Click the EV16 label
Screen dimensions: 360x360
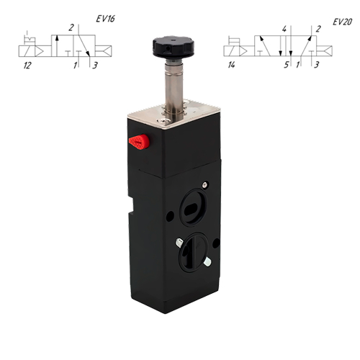(105, 19)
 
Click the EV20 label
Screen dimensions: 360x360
(342, 22)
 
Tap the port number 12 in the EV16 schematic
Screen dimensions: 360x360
(27, 66)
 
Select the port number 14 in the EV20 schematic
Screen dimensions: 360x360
(231, 65)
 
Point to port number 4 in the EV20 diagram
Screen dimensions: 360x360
(284, 30)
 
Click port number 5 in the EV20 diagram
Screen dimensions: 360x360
(286, 65)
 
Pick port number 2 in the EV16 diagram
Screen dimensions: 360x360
(71, 28)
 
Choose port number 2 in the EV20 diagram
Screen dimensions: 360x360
(318, 30)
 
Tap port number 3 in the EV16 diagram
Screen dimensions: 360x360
(95, 66)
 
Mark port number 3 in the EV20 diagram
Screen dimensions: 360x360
(317, 65)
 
